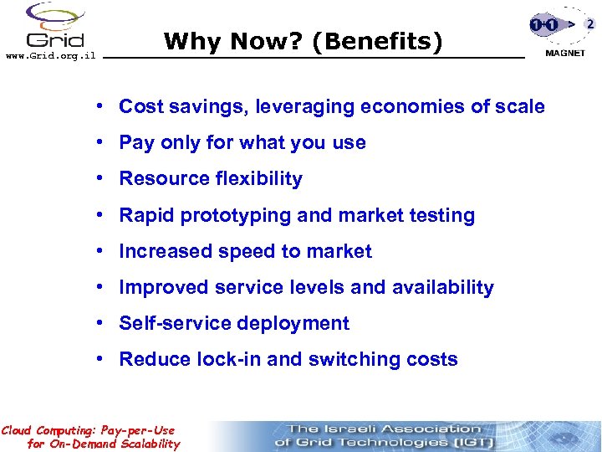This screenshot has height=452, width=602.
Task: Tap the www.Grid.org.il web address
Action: click(x=51, y=57)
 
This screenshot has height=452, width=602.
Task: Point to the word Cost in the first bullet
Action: click(x=140, y=106)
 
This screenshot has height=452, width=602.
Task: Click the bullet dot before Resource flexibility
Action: click(x=99, y=178)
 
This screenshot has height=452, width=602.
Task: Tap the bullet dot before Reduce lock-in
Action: click(x=99, y=359)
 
